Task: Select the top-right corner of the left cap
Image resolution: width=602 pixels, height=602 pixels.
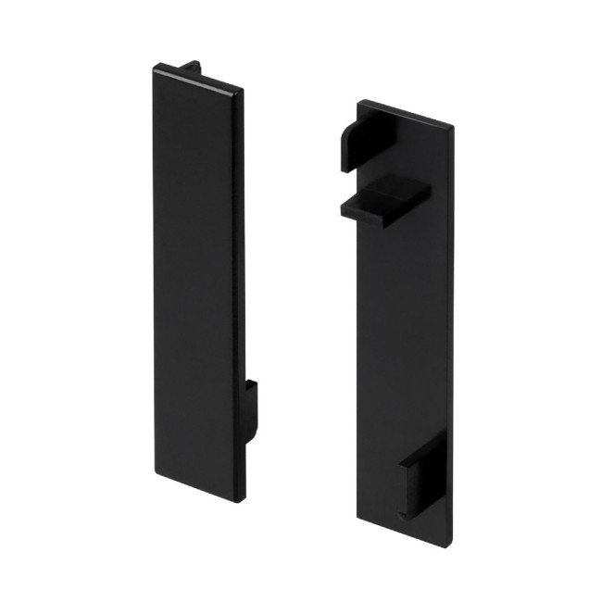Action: [x=244, y=90]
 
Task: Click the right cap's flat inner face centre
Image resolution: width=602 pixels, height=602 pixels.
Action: [x=406, y=333]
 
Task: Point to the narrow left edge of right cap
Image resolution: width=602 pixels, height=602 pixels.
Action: [x=356, y=370]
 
